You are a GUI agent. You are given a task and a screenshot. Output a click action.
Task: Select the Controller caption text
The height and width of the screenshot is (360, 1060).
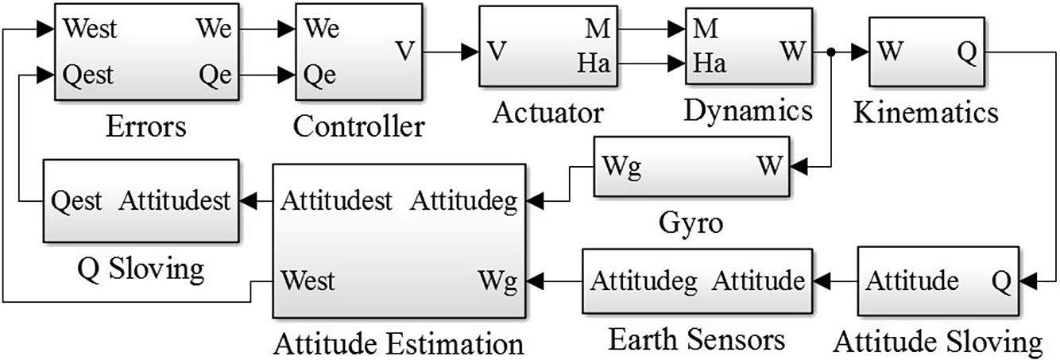(x=359, y=125)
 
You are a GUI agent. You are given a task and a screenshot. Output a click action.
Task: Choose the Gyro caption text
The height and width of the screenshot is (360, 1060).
(x=691, y=223)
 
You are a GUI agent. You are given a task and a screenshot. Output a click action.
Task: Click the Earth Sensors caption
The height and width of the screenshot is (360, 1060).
(x=697, y=340)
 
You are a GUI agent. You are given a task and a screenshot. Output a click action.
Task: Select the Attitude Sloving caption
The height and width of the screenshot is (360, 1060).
(x=938, y=343)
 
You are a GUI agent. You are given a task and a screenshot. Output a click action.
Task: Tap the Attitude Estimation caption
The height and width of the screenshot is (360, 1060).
(x=398, y=344)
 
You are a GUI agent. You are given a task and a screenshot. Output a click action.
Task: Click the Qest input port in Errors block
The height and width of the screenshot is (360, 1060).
(x=88, y=75)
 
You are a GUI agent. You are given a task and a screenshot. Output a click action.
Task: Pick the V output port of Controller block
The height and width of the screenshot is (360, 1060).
(x=404, y=52)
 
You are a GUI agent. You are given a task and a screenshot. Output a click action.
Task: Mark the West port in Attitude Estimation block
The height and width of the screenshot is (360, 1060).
(x=308, y=281)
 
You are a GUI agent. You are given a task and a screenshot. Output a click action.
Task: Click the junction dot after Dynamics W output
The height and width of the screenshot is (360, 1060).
(x=830, y=52)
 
